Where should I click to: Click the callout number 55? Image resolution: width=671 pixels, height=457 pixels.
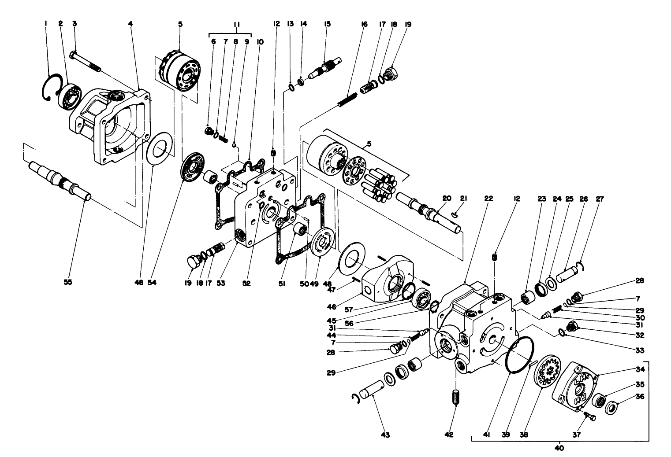coord(67,284)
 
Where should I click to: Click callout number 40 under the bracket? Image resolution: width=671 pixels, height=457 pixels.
coord(560,449)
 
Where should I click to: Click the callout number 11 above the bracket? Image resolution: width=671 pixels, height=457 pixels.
coord(236,25)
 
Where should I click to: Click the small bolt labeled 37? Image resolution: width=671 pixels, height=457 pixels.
coord(589,415)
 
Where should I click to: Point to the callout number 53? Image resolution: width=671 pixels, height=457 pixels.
coord(220,284)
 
